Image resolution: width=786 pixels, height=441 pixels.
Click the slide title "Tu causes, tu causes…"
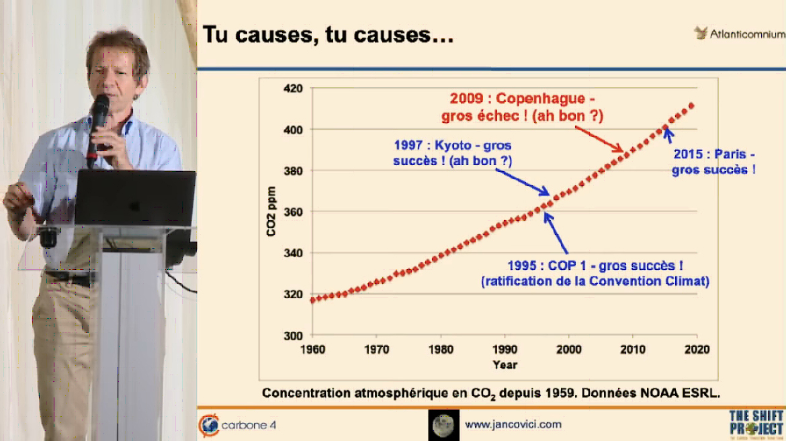(328, 34)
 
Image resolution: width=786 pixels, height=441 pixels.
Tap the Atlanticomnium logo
(738, 34)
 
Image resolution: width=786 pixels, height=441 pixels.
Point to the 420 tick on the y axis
(294, 89)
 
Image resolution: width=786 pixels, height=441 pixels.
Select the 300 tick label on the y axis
(294, 336)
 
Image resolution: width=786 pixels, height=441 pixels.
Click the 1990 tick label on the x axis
(505, 350)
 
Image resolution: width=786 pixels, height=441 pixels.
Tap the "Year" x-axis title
(505, 364)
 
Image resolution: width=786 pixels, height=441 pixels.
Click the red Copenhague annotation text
(522, 107)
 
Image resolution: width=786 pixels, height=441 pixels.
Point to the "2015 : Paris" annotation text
(713, 162)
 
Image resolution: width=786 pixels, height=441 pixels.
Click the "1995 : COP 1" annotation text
(595, 273)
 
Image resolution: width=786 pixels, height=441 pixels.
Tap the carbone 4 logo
(238, 425)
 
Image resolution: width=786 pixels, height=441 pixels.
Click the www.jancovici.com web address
(513, 424)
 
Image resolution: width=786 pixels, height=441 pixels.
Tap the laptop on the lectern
(135, 198)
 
